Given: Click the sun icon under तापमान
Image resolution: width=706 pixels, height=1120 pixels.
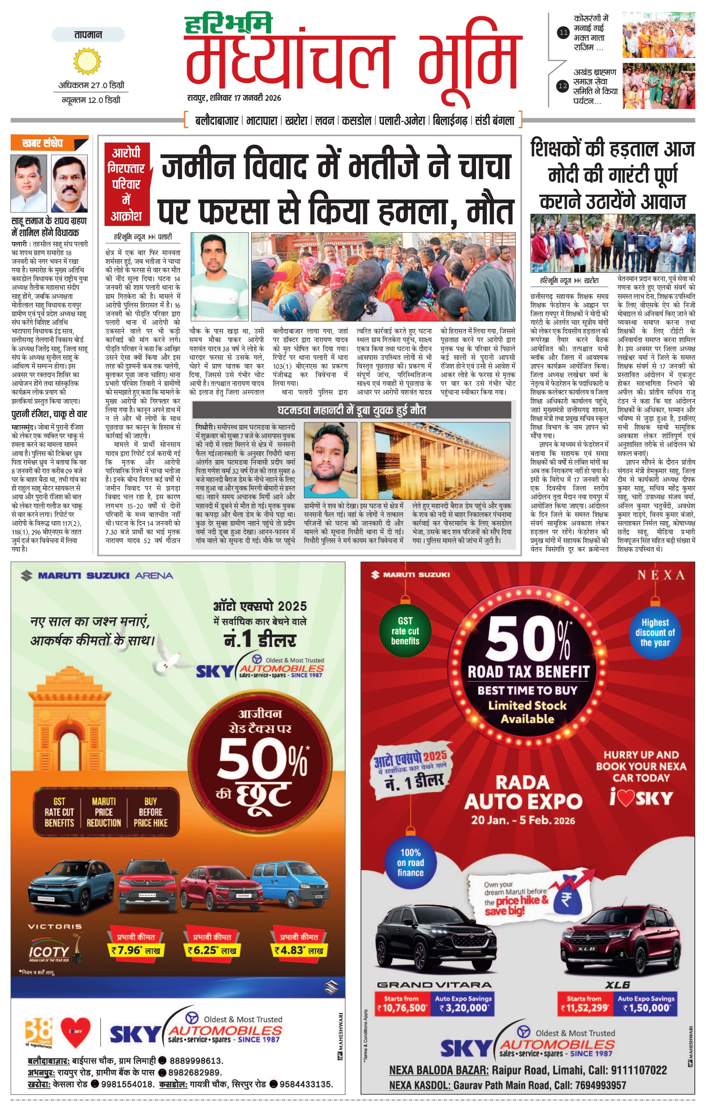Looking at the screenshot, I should (87, 61).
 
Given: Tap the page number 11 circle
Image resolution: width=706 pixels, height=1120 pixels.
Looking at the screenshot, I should (563, 33).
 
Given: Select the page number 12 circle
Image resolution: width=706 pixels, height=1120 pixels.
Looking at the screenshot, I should (563, 86).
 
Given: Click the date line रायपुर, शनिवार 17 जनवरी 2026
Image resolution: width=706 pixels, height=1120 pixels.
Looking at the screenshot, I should (234, 98).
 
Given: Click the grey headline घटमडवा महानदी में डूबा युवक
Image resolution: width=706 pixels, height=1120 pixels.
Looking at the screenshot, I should (352, 411).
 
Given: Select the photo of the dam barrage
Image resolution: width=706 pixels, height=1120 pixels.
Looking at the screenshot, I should (435, 461).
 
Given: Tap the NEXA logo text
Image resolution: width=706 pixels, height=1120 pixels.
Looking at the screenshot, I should (660, 575).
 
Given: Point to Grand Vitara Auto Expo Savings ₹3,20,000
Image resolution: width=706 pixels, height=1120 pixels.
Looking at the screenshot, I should (463, 1008).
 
